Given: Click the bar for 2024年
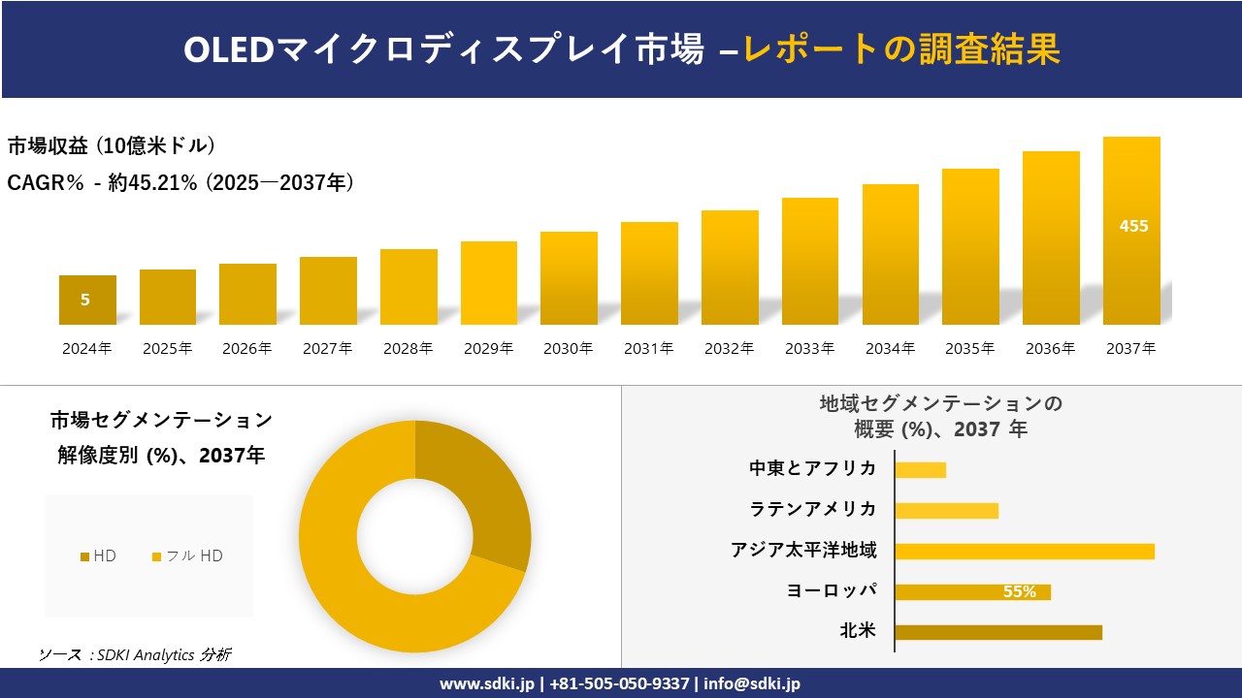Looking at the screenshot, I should pyautogui.click(x=87, y=300).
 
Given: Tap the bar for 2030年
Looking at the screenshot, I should pyautogui.click(x=569, y=278).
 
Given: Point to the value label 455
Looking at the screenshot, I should pyautogui.click(x=1133, y=226).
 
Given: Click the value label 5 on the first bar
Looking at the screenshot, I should pyautogui.click(x=85, y=301).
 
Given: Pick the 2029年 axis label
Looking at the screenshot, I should pyautogui.click(x=488, y=349).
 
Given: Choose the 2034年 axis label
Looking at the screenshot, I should pyautogui.click(x=890, y=349).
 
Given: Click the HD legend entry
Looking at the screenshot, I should pyautogui.click(x=98, y=555).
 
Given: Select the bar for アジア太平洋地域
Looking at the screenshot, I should pyautogui.click(x=1025, y=552).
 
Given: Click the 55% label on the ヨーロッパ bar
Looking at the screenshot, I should pyautogui.click(x=1019, y=592).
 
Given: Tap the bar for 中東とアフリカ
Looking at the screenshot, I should pyautogui.click(x=920, y=470).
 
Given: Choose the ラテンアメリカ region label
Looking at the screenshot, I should pyautogui.click(x=813, y=510).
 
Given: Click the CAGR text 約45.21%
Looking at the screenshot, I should pyautogui.click(x=152, y=183).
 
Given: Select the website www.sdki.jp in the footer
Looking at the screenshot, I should pyautogui.click(x=487, y=683).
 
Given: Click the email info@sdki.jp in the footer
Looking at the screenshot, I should pyautogui.click(x=754, y=683).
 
